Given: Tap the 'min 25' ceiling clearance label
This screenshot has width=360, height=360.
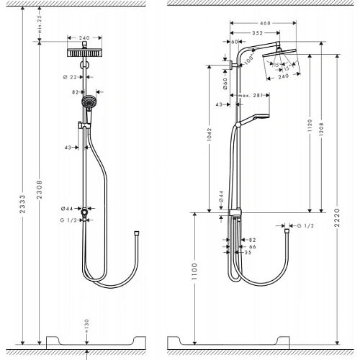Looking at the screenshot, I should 42,27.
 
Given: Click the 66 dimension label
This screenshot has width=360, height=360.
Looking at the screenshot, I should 252,246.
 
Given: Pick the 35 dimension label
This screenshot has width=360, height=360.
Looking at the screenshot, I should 248,253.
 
